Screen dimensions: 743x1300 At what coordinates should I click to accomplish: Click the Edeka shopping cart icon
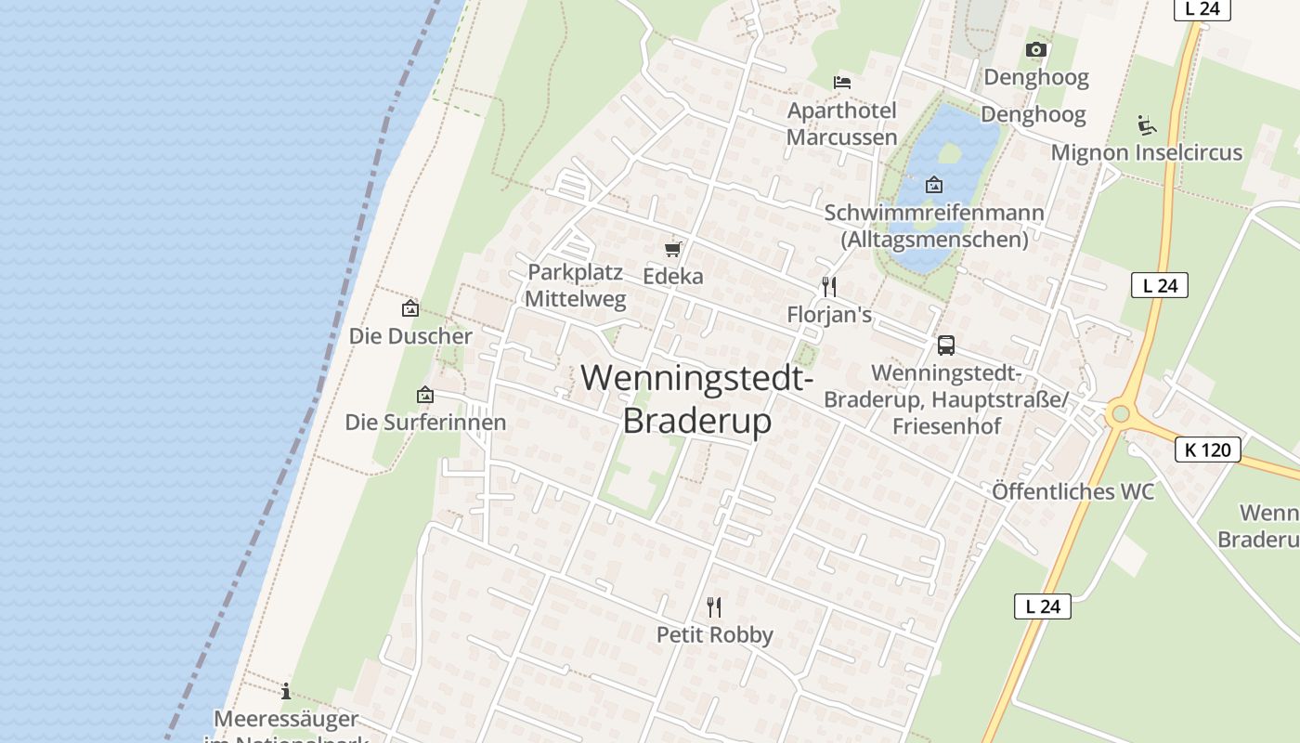click(x=673, y=249)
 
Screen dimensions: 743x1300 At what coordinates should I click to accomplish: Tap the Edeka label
click(x=673, y=277)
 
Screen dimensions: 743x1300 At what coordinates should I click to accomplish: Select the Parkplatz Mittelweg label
click(x=576, y=286)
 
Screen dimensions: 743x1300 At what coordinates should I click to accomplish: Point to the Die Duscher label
click(x=410, y=336)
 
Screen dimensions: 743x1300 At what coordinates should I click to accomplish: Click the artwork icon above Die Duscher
click(x=409, y=308)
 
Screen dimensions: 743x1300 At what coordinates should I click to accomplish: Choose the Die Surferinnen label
click(x=425, y=423)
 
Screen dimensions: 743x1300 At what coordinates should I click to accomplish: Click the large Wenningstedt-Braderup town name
click(x=697, y=399)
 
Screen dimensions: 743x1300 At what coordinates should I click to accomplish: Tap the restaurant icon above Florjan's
click(x=829, y=286)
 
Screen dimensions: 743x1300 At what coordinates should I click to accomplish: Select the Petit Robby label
click(x=715, y=635)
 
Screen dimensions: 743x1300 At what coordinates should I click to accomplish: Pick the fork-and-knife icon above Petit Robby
click(x=714, y=607)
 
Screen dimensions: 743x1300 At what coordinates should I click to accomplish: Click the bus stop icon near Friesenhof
click(x=946, y=345)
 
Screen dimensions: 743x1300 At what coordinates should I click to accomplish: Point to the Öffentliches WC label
click(x=1072, y=491)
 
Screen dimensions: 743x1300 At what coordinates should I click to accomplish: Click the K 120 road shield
click(x=1208, y=450)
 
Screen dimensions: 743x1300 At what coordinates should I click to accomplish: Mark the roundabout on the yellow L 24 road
click(x=1119, y=414)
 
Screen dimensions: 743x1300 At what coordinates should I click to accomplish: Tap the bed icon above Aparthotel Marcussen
click(x=842, y=83)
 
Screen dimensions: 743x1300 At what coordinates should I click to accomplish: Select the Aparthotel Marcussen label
click(x=842, y=124)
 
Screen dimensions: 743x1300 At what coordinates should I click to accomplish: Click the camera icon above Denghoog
click(x=1036, y=49)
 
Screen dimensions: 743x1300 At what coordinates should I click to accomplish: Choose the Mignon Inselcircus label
click(x=1147, y=152)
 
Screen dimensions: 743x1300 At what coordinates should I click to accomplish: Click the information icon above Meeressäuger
click(x=286, y=691)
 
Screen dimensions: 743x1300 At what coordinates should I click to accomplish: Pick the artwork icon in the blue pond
click(x=934, y=184)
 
